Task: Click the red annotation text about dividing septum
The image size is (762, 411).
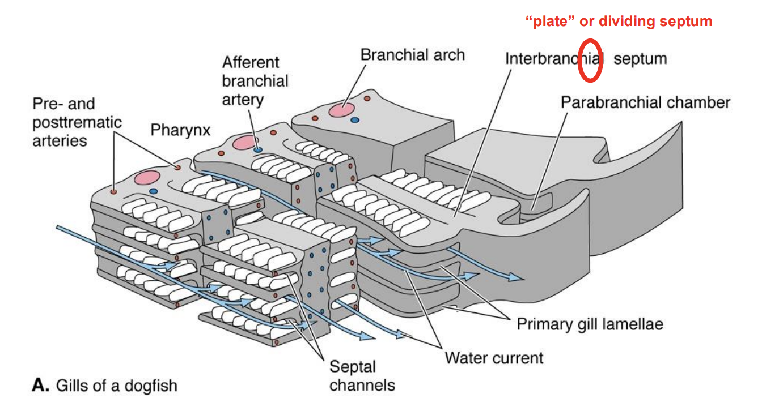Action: click(619, 22)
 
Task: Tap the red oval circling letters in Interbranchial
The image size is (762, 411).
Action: click(590, 61)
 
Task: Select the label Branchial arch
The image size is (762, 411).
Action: click(412, 55)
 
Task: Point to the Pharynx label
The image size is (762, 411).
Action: click(180, 130)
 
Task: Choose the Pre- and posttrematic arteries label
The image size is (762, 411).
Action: click(69, 122)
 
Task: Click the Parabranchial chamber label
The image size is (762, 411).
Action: click(645, 102)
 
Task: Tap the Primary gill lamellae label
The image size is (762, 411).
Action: click(590, 324)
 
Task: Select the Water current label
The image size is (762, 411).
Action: click(494, 358)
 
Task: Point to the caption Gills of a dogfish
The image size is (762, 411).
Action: click(116, 386)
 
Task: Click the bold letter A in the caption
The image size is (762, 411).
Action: click(39, 386)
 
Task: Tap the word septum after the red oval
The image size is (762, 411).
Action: click(640, 58)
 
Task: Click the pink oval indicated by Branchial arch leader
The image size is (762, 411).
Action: click(343, 110)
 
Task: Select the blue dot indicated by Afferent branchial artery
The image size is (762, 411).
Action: click(258, 150)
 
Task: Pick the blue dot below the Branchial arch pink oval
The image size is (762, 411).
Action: click(355, 120)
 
